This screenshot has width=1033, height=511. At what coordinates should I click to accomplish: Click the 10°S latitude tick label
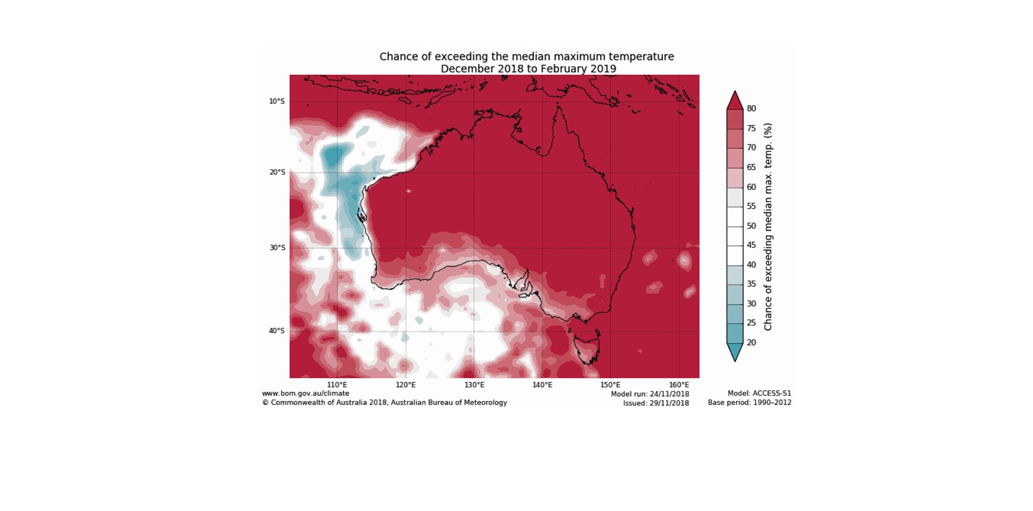click(277, 101)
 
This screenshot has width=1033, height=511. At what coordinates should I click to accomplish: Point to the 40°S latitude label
click(277, 331)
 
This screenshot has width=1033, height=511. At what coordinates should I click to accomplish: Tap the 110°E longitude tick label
click(337, 385)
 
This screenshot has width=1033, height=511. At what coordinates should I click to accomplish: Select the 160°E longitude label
click(679, 385)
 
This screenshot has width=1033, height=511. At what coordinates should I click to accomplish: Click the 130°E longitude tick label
click(474, 385)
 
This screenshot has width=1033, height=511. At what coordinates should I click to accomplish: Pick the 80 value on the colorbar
click(751, 108)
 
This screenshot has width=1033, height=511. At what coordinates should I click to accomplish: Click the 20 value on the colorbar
click(751, 342)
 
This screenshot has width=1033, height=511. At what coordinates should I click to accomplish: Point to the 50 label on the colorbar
click(751, 226)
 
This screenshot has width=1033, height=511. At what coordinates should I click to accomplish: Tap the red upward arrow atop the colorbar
click(735, 101)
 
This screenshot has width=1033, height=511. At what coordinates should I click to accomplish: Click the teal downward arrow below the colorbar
click(735, 351)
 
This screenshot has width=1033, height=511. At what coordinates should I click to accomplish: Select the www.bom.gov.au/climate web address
click(305, 393)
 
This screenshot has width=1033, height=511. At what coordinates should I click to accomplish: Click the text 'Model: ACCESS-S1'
click(759, 393)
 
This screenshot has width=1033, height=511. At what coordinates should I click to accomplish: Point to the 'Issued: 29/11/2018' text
click(656, 403)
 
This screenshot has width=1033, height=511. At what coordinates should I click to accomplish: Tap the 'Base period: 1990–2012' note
click(749, 403)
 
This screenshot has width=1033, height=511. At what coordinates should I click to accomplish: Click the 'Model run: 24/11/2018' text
click(650, 394)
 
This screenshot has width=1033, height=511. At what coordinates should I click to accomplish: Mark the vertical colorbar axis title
click(768, 226)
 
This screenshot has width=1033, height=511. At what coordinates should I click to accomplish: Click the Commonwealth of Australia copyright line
click(384, 403)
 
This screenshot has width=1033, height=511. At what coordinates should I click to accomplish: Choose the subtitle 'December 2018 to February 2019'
click(528, 69)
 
